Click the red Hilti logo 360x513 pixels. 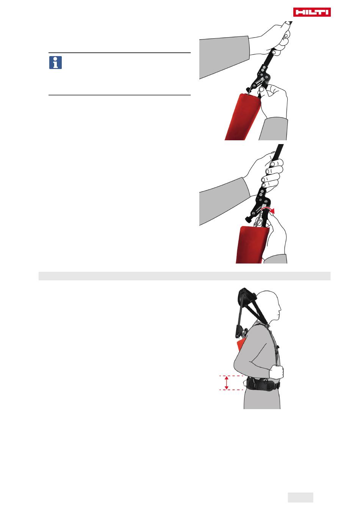tap(312, 12)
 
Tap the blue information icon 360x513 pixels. tap(55, 63)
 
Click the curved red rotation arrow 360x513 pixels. tap(268, 210)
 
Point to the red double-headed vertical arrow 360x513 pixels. tap(226, 383)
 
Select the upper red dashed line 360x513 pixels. tap(231, 376)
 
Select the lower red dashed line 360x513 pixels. tap(231, 389)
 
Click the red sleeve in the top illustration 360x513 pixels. tap(242, 117)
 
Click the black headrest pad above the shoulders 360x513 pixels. tap(247, 297)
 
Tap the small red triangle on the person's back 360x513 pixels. tap(240, 345)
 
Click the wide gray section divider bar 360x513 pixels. tap(185, 276)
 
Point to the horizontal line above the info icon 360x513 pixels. tap(119, 53)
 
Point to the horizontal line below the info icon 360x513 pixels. tap(119, 95)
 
